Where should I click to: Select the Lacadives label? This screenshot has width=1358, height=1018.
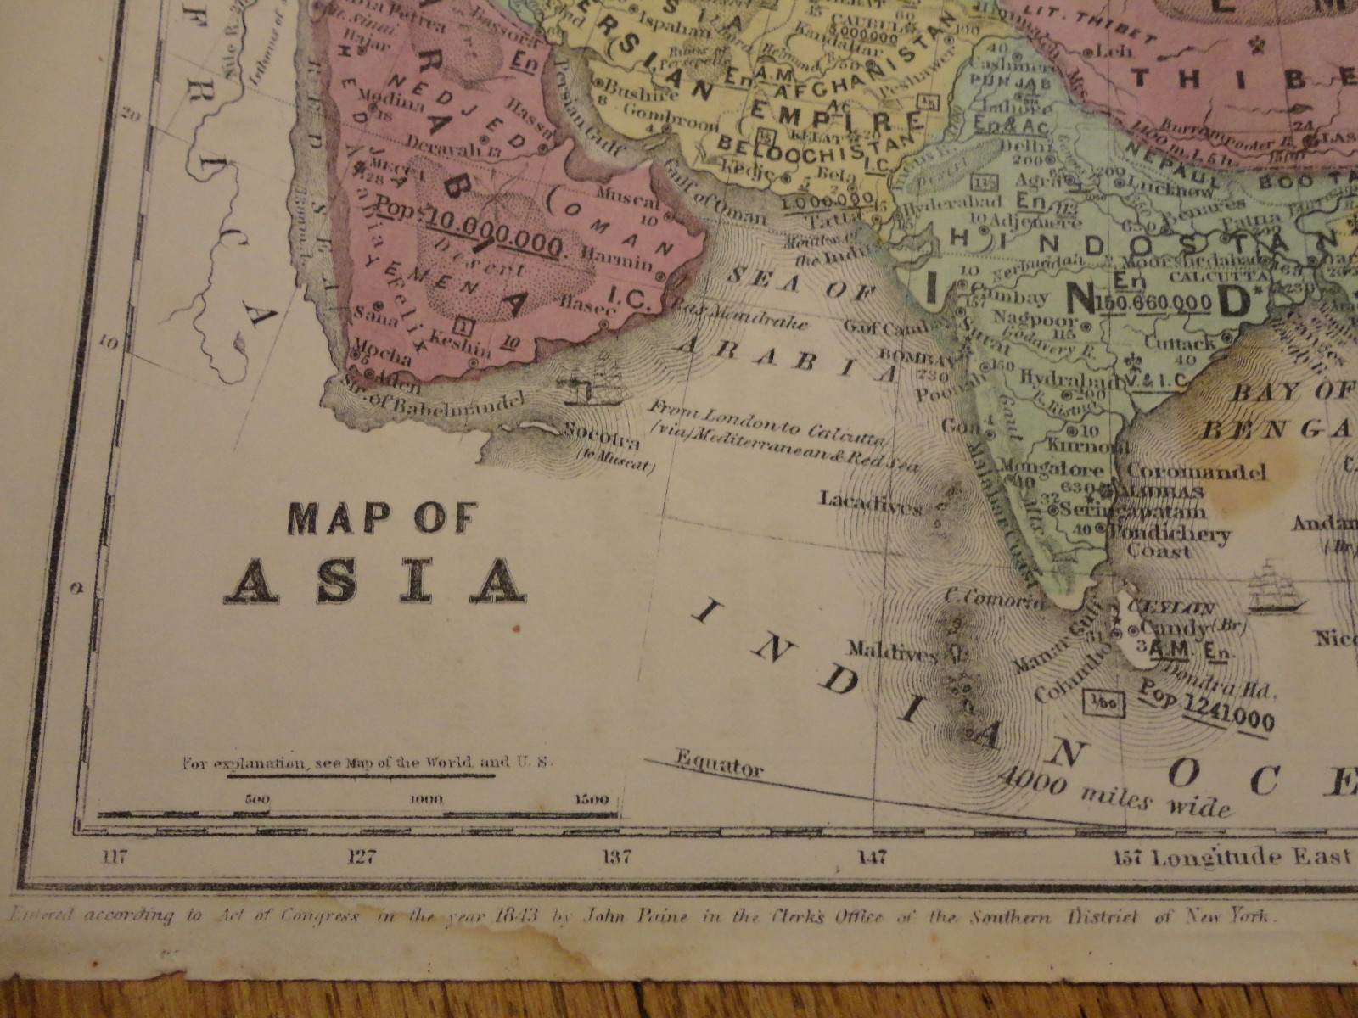(870, 502)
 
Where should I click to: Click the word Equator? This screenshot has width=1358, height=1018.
(719, 763)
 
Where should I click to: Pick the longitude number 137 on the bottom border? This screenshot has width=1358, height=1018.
(616, 857)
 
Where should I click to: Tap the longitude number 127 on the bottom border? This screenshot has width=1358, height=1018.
(362, 856)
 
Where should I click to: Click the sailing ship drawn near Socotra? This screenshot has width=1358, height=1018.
(597, 380)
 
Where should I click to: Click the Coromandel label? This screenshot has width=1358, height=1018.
(1197, 472)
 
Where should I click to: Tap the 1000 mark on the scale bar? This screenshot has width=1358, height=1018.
(427, 799)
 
